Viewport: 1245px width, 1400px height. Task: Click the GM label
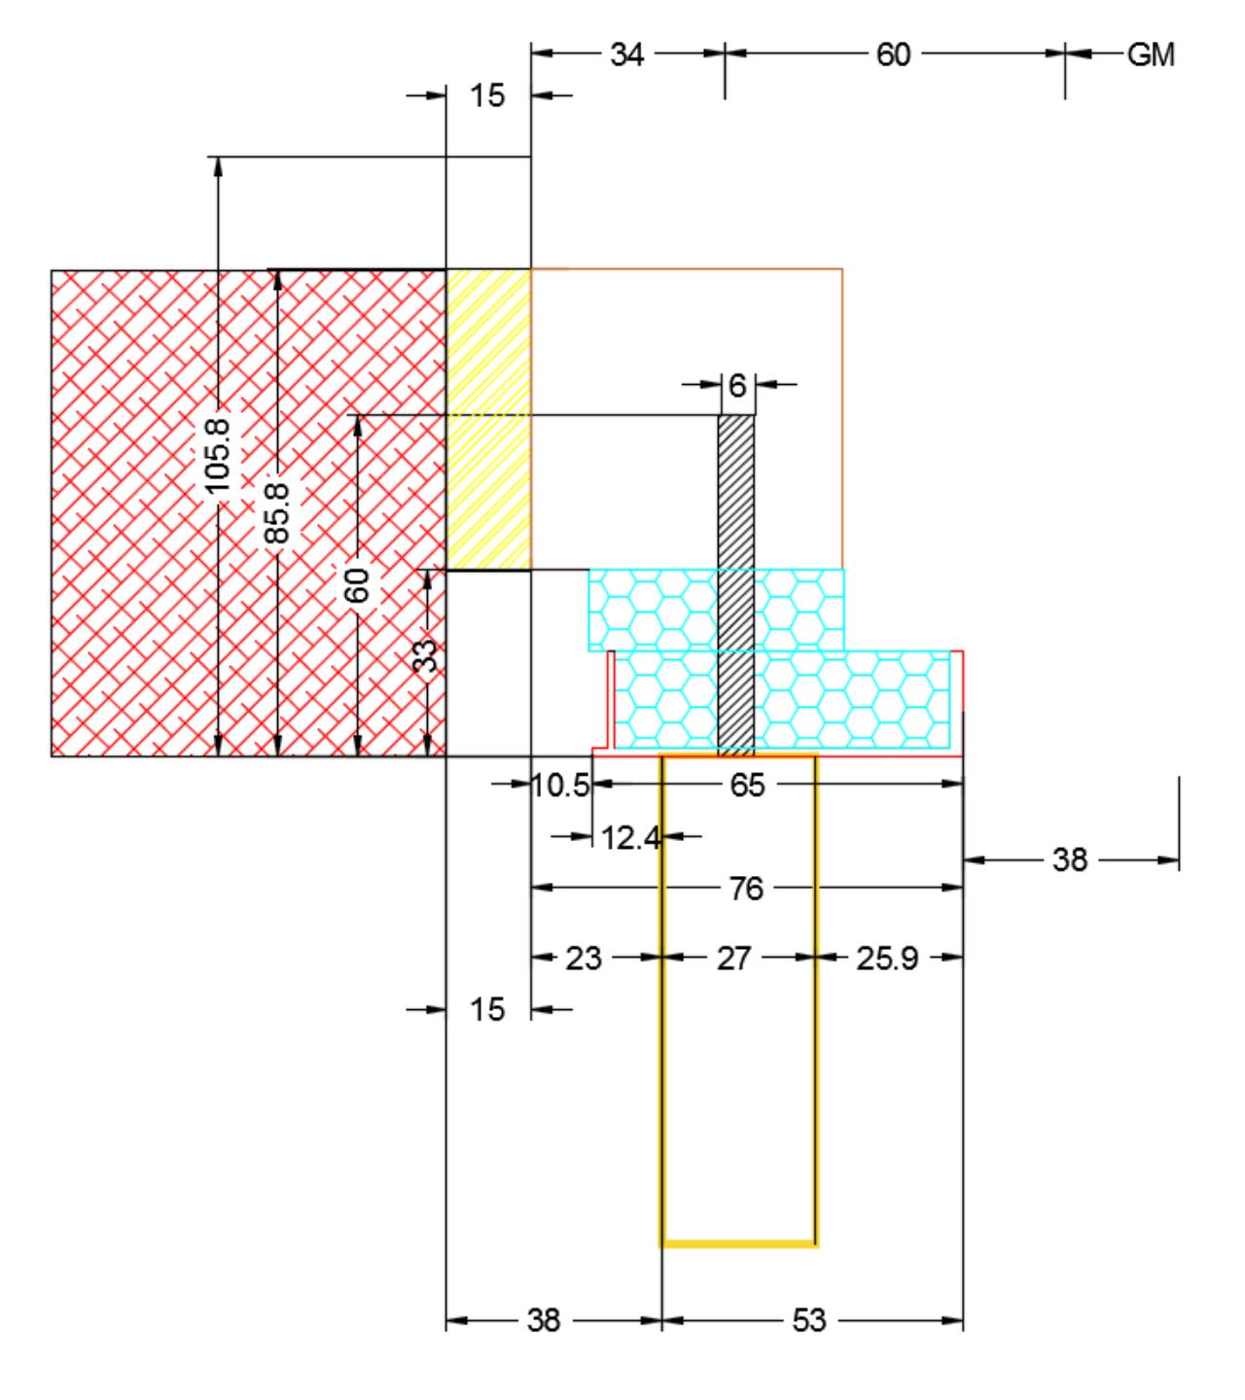click(1150, 54)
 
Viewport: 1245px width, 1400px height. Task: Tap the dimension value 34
click(626, 54)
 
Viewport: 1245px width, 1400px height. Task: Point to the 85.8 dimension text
click(277, 513)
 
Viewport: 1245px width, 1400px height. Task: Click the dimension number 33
click(425, 656)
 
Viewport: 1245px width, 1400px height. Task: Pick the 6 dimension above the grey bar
click(737, 386)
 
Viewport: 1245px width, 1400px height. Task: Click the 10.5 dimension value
click(560, 786)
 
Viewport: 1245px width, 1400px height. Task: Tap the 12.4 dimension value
click(630, 839)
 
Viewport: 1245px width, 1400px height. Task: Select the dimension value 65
click(747, 786)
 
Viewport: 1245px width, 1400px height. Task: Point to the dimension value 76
click(746, 889)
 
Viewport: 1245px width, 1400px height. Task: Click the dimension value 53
click(808, 1320)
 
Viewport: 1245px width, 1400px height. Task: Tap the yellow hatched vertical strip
click(488, 419)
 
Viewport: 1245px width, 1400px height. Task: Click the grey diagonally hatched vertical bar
click(735, 585)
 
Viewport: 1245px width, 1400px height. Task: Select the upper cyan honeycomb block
click(716, 611)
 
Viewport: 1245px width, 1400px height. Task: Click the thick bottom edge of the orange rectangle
click(739, 1244)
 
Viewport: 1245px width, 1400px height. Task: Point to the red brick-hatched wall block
click(248, 512)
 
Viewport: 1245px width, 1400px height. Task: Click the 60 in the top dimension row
click(893, 54)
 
